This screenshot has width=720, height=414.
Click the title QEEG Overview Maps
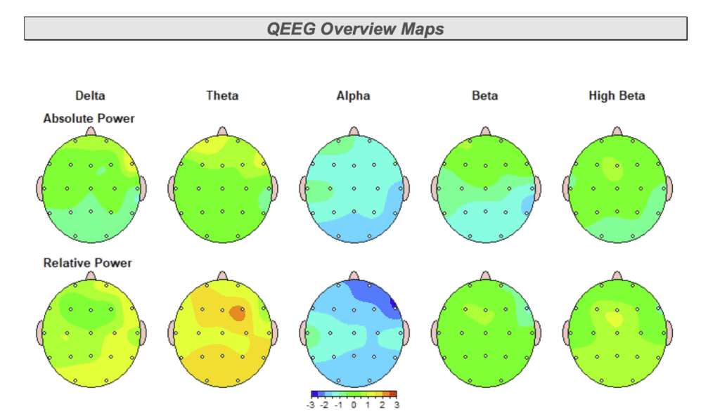click(x=355, y=29)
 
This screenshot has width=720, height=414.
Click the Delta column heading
click(x=90, y=96)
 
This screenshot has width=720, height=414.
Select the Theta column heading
click(x=221, y=96)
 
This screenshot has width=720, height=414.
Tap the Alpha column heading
click(x=353, y=96)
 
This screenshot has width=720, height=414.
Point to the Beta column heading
click(x=484, y=96)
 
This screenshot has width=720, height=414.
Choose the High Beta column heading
click(x=617, y=96)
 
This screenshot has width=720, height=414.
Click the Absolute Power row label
click(x=89, y=119)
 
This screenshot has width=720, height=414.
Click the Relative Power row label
click(x=87, y=263)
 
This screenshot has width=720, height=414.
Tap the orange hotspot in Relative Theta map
click(x=237, y=313)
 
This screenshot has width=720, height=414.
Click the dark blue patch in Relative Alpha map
click(x=394, y=303)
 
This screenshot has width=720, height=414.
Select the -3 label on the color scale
click(x=311, y=405)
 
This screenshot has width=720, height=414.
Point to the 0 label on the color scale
click(x=354, y=405)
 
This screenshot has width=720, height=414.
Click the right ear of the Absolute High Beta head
click(x=669, y=188)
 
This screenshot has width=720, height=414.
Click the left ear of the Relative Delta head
click(x=39, y=332)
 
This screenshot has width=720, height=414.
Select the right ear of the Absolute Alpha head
click(x=406, y=188)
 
